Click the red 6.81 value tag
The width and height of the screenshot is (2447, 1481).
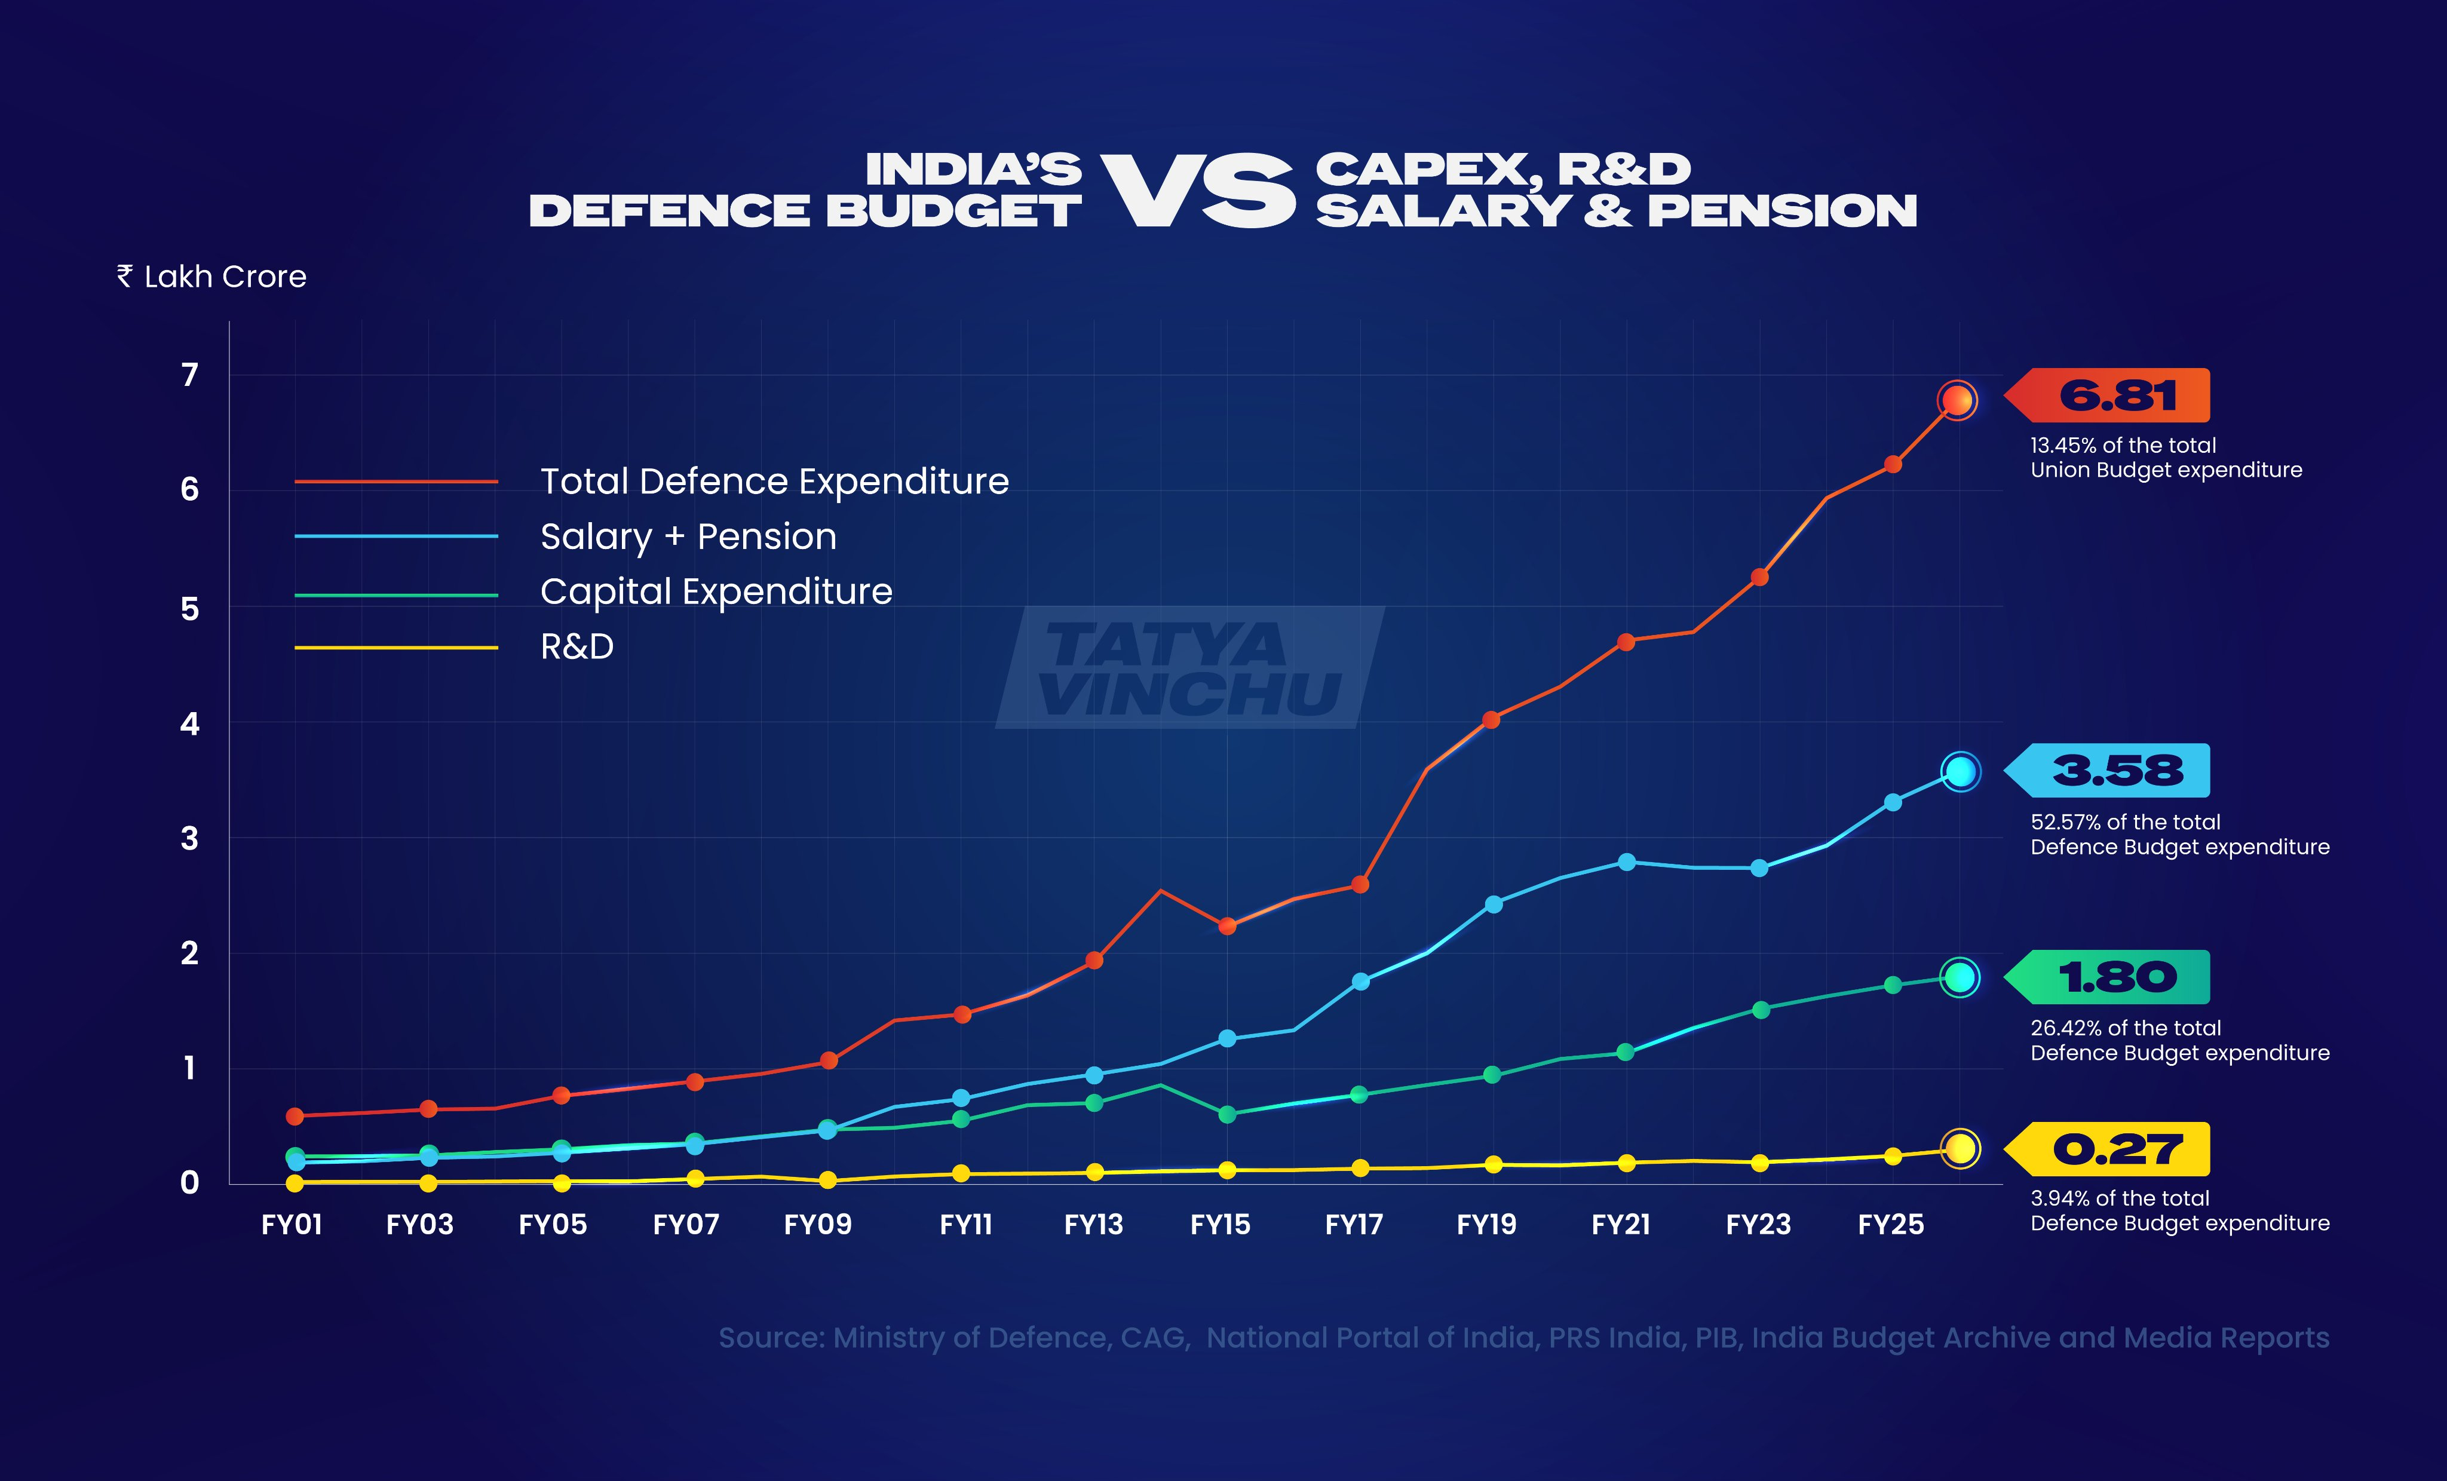point(2115,395)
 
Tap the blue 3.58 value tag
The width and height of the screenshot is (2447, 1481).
point(2115,771)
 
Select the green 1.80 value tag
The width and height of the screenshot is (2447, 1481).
point(2115,977)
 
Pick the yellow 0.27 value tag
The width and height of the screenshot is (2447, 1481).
point(2115,1149)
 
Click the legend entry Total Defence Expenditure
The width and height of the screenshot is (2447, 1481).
point(774,482)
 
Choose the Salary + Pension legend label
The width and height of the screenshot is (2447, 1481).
point(688,536)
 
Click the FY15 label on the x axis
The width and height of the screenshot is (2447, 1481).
point(1221,1225)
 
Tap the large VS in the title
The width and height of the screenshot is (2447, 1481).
point(1198,192)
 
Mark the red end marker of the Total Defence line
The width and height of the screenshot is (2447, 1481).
point(1957,400)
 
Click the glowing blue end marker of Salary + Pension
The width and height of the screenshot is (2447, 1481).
point(1960,772)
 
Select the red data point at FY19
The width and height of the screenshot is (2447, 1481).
point(1491,720)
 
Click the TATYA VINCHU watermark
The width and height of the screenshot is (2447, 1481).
point(1189,667)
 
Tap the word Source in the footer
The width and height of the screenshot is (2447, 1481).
point(771,1338)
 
